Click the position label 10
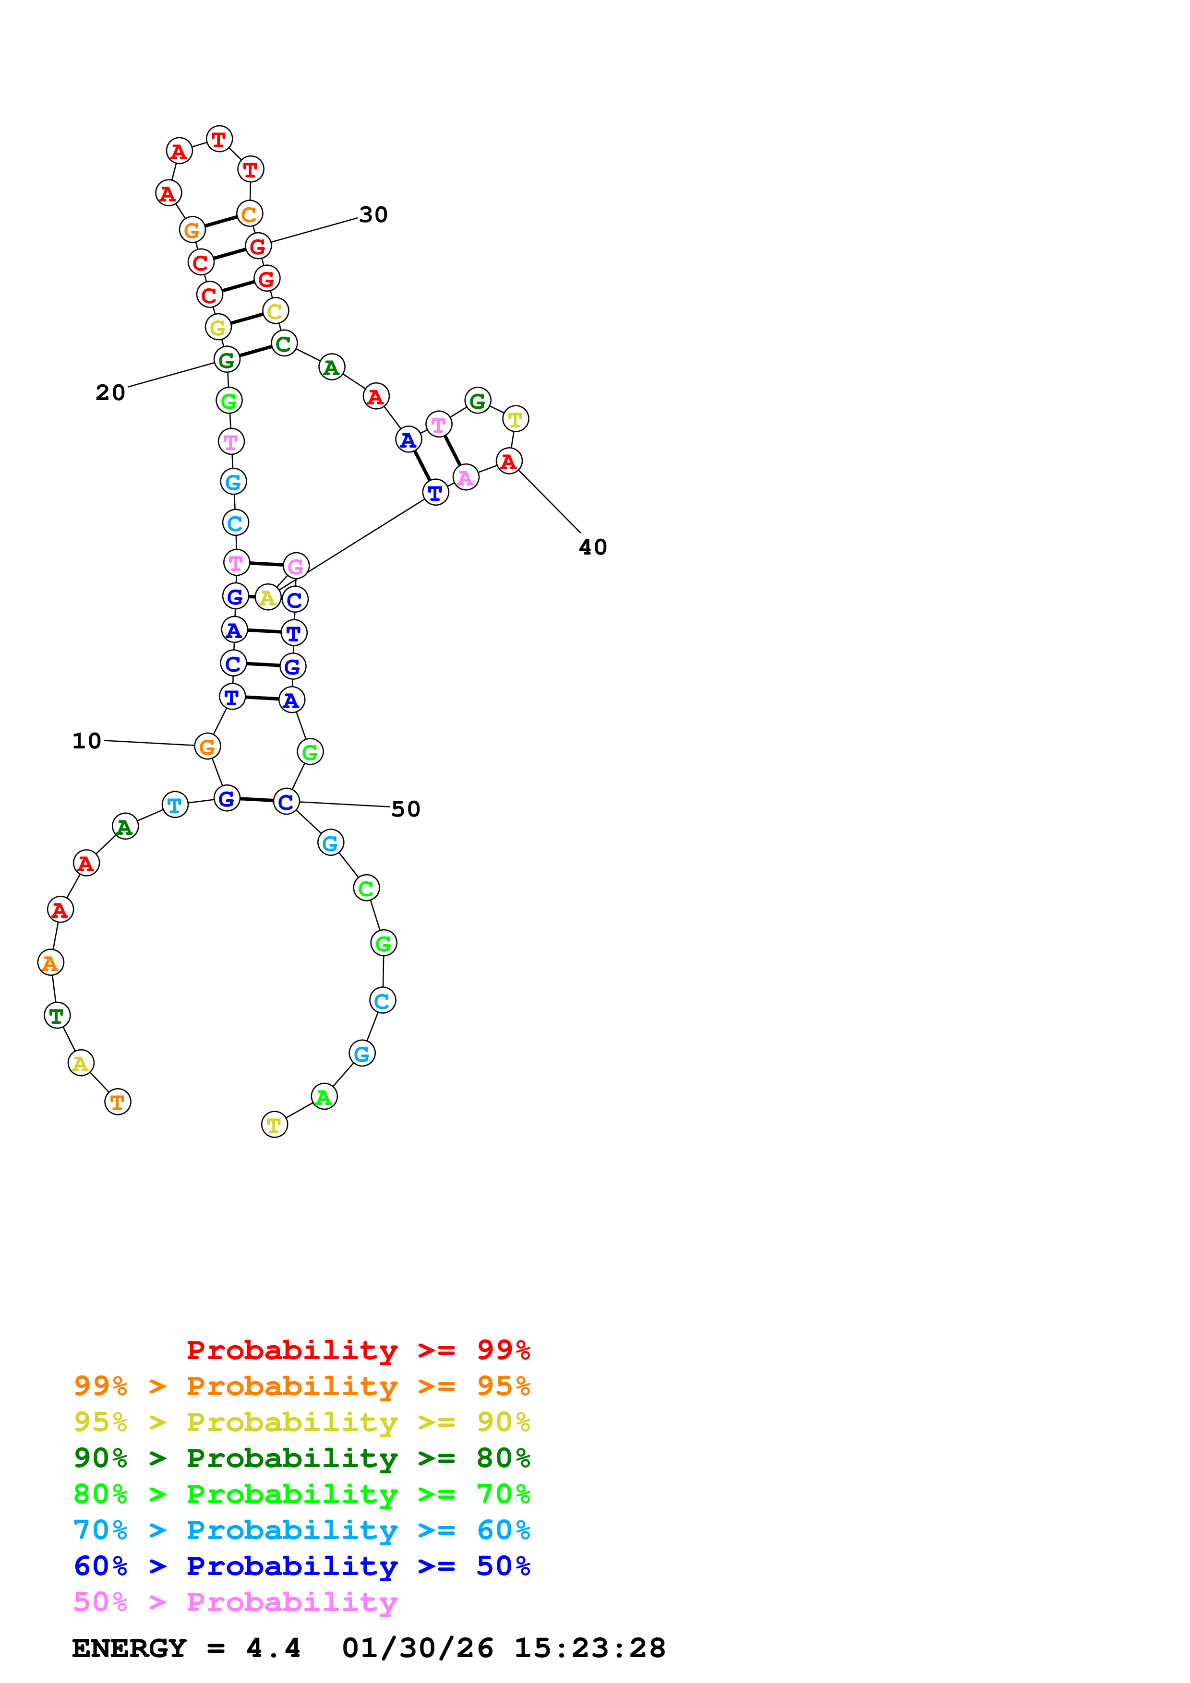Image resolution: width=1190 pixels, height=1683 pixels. [x=86, y=741]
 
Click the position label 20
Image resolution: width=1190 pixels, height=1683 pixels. [x=111, y=393]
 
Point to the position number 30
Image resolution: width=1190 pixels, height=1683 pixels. [x=373, y=215]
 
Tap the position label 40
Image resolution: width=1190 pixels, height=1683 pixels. [x=592, y=547]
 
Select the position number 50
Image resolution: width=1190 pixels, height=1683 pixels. [x=406, y=809]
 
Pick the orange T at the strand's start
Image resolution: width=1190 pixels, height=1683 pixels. [x=117, y=1102]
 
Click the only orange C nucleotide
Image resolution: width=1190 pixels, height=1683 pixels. [x=249, y=214]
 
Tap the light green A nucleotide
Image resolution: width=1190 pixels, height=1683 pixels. [x=324, y=1097]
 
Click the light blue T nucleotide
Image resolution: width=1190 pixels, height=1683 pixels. [x=175, y=805]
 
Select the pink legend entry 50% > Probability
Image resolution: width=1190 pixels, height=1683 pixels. [x=235, y=1601]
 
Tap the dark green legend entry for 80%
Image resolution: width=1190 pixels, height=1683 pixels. [x=301, y=1458]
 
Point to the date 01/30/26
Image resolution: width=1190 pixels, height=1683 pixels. [x=417, y=1648]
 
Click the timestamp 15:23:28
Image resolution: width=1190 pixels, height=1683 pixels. [x=589, y=1648]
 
